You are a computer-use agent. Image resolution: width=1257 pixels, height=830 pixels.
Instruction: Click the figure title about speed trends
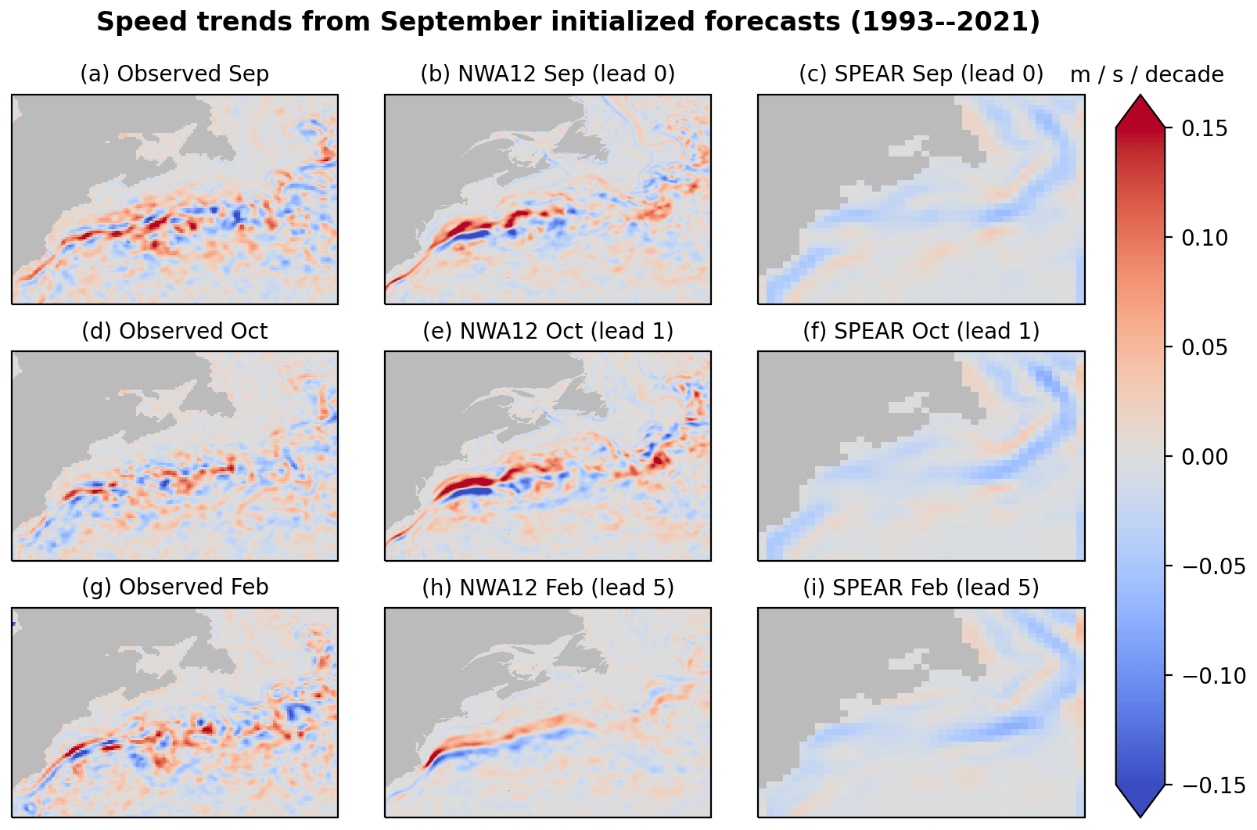coord(568,22)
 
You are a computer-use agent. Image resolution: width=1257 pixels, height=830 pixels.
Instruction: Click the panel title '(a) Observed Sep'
coord(174,74)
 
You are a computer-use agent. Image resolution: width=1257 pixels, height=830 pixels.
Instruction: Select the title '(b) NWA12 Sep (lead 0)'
coord(548,74)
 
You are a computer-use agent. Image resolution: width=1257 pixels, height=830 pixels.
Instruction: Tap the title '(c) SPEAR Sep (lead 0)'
coord(921,74)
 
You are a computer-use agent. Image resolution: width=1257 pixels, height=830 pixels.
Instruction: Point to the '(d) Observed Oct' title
coord(174,332)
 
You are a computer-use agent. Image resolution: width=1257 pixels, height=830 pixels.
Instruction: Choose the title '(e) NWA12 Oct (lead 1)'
coord(548,332)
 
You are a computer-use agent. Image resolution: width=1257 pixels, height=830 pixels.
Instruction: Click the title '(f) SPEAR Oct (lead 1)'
coord(921,332)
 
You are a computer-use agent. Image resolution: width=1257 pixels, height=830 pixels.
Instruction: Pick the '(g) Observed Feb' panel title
coord(174,587)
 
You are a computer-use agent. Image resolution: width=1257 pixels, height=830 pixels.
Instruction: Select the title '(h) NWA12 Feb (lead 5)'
coord(548,587)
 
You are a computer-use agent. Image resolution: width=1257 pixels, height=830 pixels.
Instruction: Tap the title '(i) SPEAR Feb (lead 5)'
coord(921,587)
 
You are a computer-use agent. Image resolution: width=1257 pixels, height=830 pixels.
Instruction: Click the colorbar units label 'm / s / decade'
coord(1147,75)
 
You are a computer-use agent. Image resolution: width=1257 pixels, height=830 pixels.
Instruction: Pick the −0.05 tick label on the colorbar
coord(1212,566)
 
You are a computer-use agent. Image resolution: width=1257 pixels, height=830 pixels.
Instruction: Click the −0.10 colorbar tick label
coord(1212,676)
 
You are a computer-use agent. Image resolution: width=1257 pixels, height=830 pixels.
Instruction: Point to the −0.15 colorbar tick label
coord(1212,785)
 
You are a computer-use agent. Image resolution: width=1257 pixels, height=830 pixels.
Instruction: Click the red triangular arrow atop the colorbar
coord(1140,112)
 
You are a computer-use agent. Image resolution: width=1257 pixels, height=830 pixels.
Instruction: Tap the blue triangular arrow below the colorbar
coord(1140,800)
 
